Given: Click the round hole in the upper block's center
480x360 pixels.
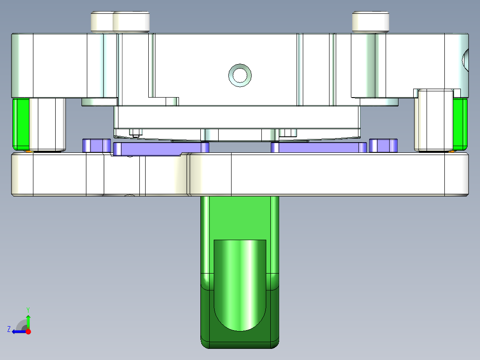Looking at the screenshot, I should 240,74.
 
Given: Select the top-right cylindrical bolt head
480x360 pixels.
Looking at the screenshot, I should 370,22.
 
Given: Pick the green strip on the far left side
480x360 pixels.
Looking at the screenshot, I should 20,124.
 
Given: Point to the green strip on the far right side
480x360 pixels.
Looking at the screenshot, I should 460,123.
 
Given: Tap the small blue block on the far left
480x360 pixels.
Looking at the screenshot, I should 96,145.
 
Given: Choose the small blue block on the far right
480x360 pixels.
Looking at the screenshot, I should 383,145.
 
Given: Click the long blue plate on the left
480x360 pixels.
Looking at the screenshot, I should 160,148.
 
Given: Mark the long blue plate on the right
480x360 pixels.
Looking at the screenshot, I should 319,147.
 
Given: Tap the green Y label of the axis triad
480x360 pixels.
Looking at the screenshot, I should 28,309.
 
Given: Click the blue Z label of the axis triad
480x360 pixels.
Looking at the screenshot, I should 9,329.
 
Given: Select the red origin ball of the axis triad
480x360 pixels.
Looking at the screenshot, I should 28,331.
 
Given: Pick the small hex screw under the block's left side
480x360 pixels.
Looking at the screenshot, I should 135,132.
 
